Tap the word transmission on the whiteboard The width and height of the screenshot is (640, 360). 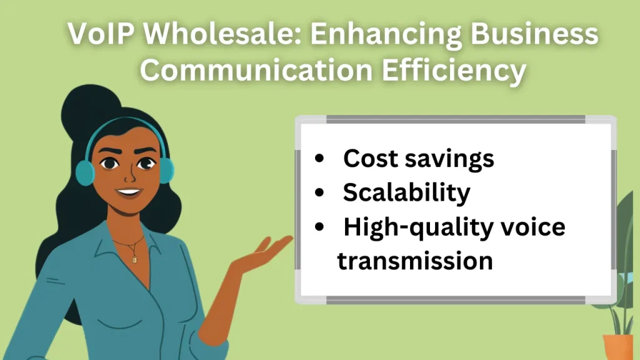click(x=415, y=260)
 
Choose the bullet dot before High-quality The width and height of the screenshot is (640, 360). click(x=320, y=227)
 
